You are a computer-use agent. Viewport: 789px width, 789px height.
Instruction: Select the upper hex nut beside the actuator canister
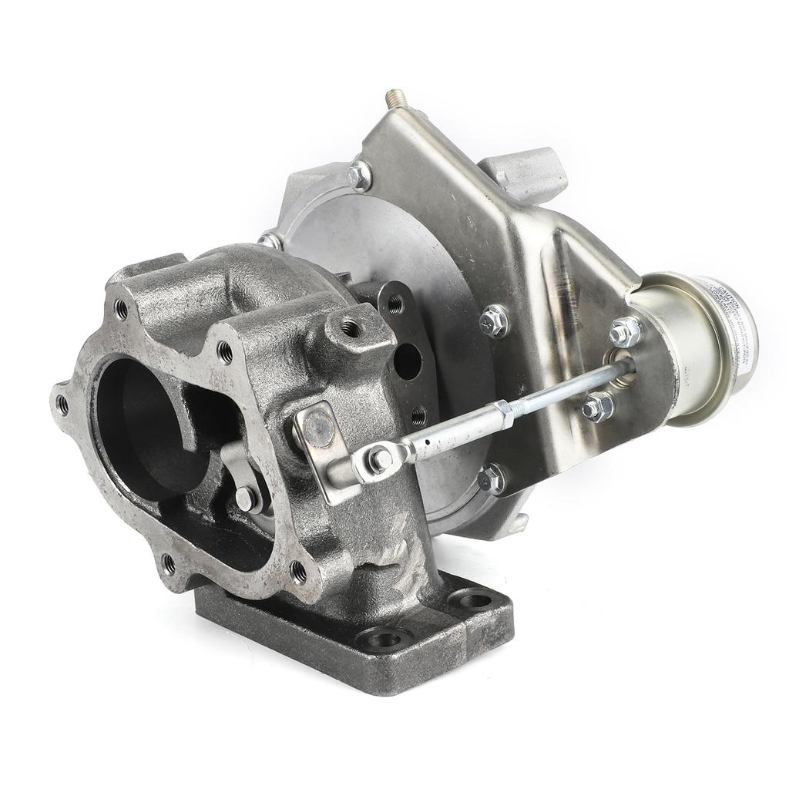(625, 332)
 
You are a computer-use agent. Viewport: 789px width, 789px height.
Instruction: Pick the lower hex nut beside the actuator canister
(597, 407)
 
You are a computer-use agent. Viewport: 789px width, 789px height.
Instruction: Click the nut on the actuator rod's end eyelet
(380, 460)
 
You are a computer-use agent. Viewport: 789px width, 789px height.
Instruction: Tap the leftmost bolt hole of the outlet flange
(62, 403)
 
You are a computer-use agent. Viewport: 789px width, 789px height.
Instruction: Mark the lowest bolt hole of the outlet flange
(169, 565)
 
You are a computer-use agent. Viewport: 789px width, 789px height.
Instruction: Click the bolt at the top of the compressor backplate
(358, 176)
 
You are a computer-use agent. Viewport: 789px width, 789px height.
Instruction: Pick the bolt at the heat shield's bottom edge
(491, 480)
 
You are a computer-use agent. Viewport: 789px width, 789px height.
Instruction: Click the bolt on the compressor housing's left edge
(270, 241)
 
